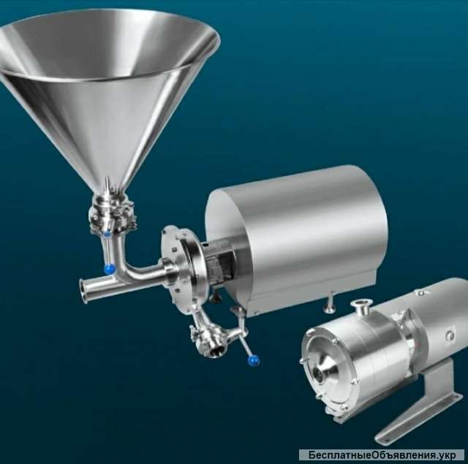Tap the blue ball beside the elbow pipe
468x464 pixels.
click(110, 269)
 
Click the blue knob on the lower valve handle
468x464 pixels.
click(254, 360)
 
